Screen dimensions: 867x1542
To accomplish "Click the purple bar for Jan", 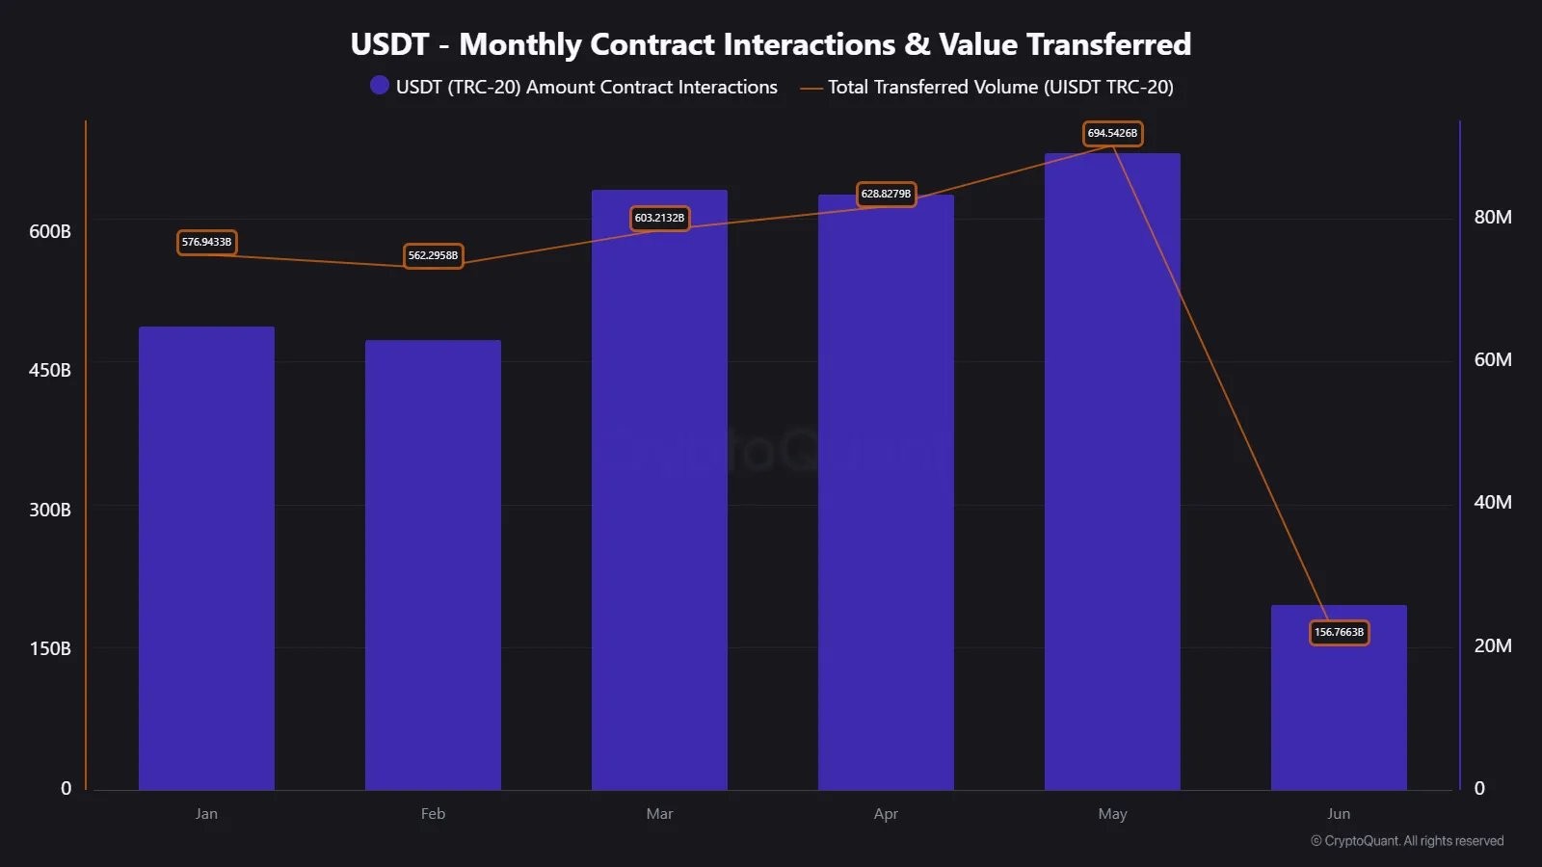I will [206, 559].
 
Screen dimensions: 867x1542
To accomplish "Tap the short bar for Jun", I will [1339, 713].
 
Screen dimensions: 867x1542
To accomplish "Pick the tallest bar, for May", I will [1112, 472].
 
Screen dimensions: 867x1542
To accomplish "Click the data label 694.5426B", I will [1112, 133].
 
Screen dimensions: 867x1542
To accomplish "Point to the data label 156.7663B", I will [1339, 632].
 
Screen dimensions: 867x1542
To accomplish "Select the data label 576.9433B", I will [206, 242].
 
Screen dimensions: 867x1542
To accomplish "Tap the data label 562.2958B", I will [433, 255].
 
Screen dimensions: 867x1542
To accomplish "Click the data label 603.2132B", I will [659, 218].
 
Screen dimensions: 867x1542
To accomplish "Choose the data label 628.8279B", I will [886, 194].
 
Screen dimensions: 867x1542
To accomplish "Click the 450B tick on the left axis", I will [50, 370].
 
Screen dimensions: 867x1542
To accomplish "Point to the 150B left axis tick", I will [50, 648].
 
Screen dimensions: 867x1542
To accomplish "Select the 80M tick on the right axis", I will [1492, 217].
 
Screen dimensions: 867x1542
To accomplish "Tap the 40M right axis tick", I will [1492, 502].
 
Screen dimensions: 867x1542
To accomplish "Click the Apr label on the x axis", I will [886, 813].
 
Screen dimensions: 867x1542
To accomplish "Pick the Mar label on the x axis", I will [659, 813].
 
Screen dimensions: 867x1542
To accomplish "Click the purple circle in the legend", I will [380, 86].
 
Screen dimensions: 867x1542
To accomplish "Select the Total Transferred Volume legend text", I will [1000, 87].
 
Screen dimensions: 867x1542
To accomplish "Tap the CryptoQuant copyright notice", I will [1407, 841].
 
